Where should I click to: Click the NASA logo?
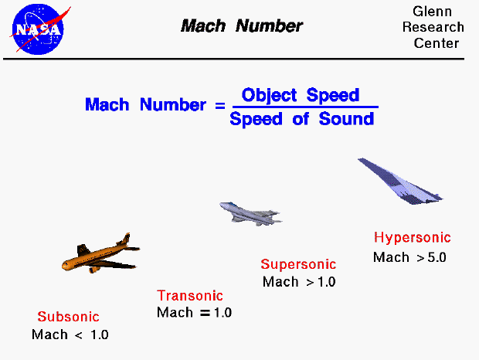(36, 29)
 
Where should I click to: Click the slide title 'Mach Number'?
(242, 25)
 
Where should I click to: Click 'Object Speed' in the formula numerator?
(301, 95)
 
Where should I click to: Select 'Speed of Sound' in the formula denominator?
(301, 119)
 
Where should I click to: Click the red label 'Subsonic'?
(69, 317)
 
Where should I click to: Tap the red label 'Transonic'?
(190, 295)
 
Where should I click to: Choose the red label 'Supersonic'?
(297, 264)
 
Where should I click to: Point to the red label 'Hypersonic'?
(412, 238)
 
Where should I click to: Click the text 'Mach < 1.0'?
(70, 335)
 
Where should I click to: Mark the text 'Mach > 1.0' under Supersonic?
(299, 282)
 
